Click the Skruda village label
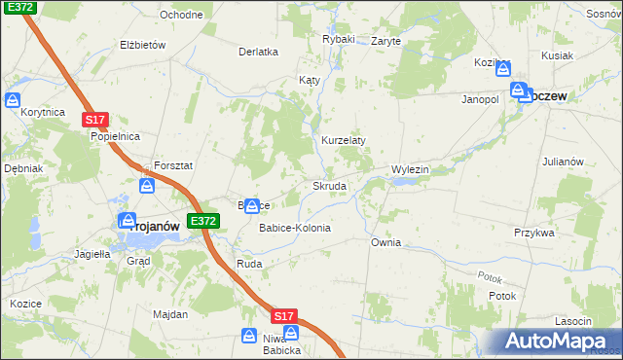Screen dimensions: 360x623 (x=329, y=186)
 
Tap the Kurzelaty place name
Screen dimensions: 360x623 (x=344, y=140)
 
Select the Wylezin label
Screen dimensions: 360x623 (x=410, y=169)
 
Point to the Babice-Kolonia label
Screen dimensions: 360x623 (x=294, y=228)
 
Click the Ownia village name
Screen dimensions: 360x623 (x=385, y=241)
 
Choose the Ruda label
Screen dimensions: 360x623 (x=249, y=263)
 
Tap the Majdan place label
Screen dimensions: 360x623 (x=169, y=314)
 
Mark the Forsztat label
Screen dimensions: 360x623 (x=173, y=165)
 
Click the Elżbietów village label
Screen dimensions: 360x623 (x=143, y=45)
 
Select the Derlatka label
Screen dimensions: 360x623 (x=259, y=52)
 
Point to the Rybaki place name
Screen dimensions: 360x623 (x=339, y=40)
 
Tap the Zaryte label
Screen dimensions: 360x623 (x=386, y=42)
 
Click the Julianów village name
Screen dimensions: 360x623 (x=562, y=162)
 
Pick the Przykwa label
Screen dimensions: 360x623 (x=533, y=233)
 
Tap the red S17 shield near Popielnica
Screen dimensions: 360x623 (x=94, y=119)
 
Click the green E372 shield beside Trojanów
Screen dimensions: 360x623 (x=203, y=222)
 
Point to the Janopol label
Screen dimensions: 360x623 (x=480, y=99)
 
